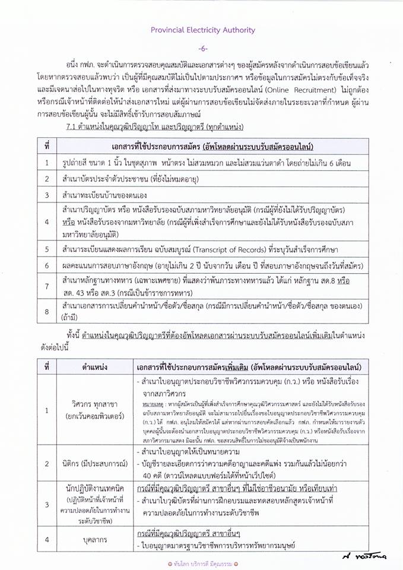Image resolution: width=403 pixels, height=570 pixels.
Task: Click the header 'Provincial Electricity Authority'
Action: pos(202,30)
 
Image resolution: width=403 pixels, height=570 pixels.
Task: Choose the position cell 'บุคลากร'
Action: pos(95,539)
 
